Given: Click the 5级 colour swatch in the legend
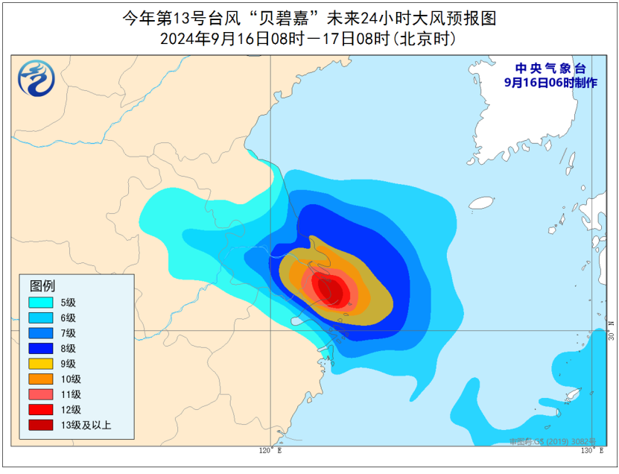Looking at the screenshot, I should (41, 303).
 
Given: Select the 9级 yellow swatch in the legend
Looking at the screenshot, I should (41, 364).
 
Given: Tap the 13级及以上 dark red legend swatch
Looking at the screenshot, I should (41, 425).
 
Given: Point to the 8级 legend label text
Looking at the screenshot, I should (69, 348).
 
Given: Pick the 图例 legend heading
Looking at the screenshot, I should (42, 285).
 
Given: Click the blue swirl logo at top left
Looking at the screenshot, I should (39, 78).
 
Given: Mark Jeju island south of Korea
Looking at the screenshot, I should (481, 202).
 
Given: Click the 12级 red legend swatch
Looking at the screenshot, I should (41, 409).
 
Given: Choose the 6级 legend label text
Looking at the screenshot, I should (69, 317).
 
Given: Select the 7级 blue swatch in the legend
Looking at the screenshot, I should (41, 333).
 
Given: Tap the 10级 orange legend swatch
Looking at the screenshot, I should (41, 379).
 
